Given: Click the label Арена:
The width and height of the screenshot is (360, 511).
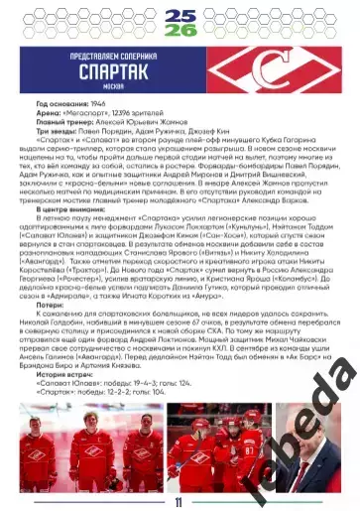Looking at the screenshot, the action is tap(49, 112).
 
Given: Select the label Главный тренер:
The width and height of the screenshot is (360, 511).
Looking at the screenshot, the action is tap(64, 120).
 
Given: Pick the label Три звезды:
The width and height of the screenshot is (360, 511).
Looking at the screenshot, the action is tap(57, 128).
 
